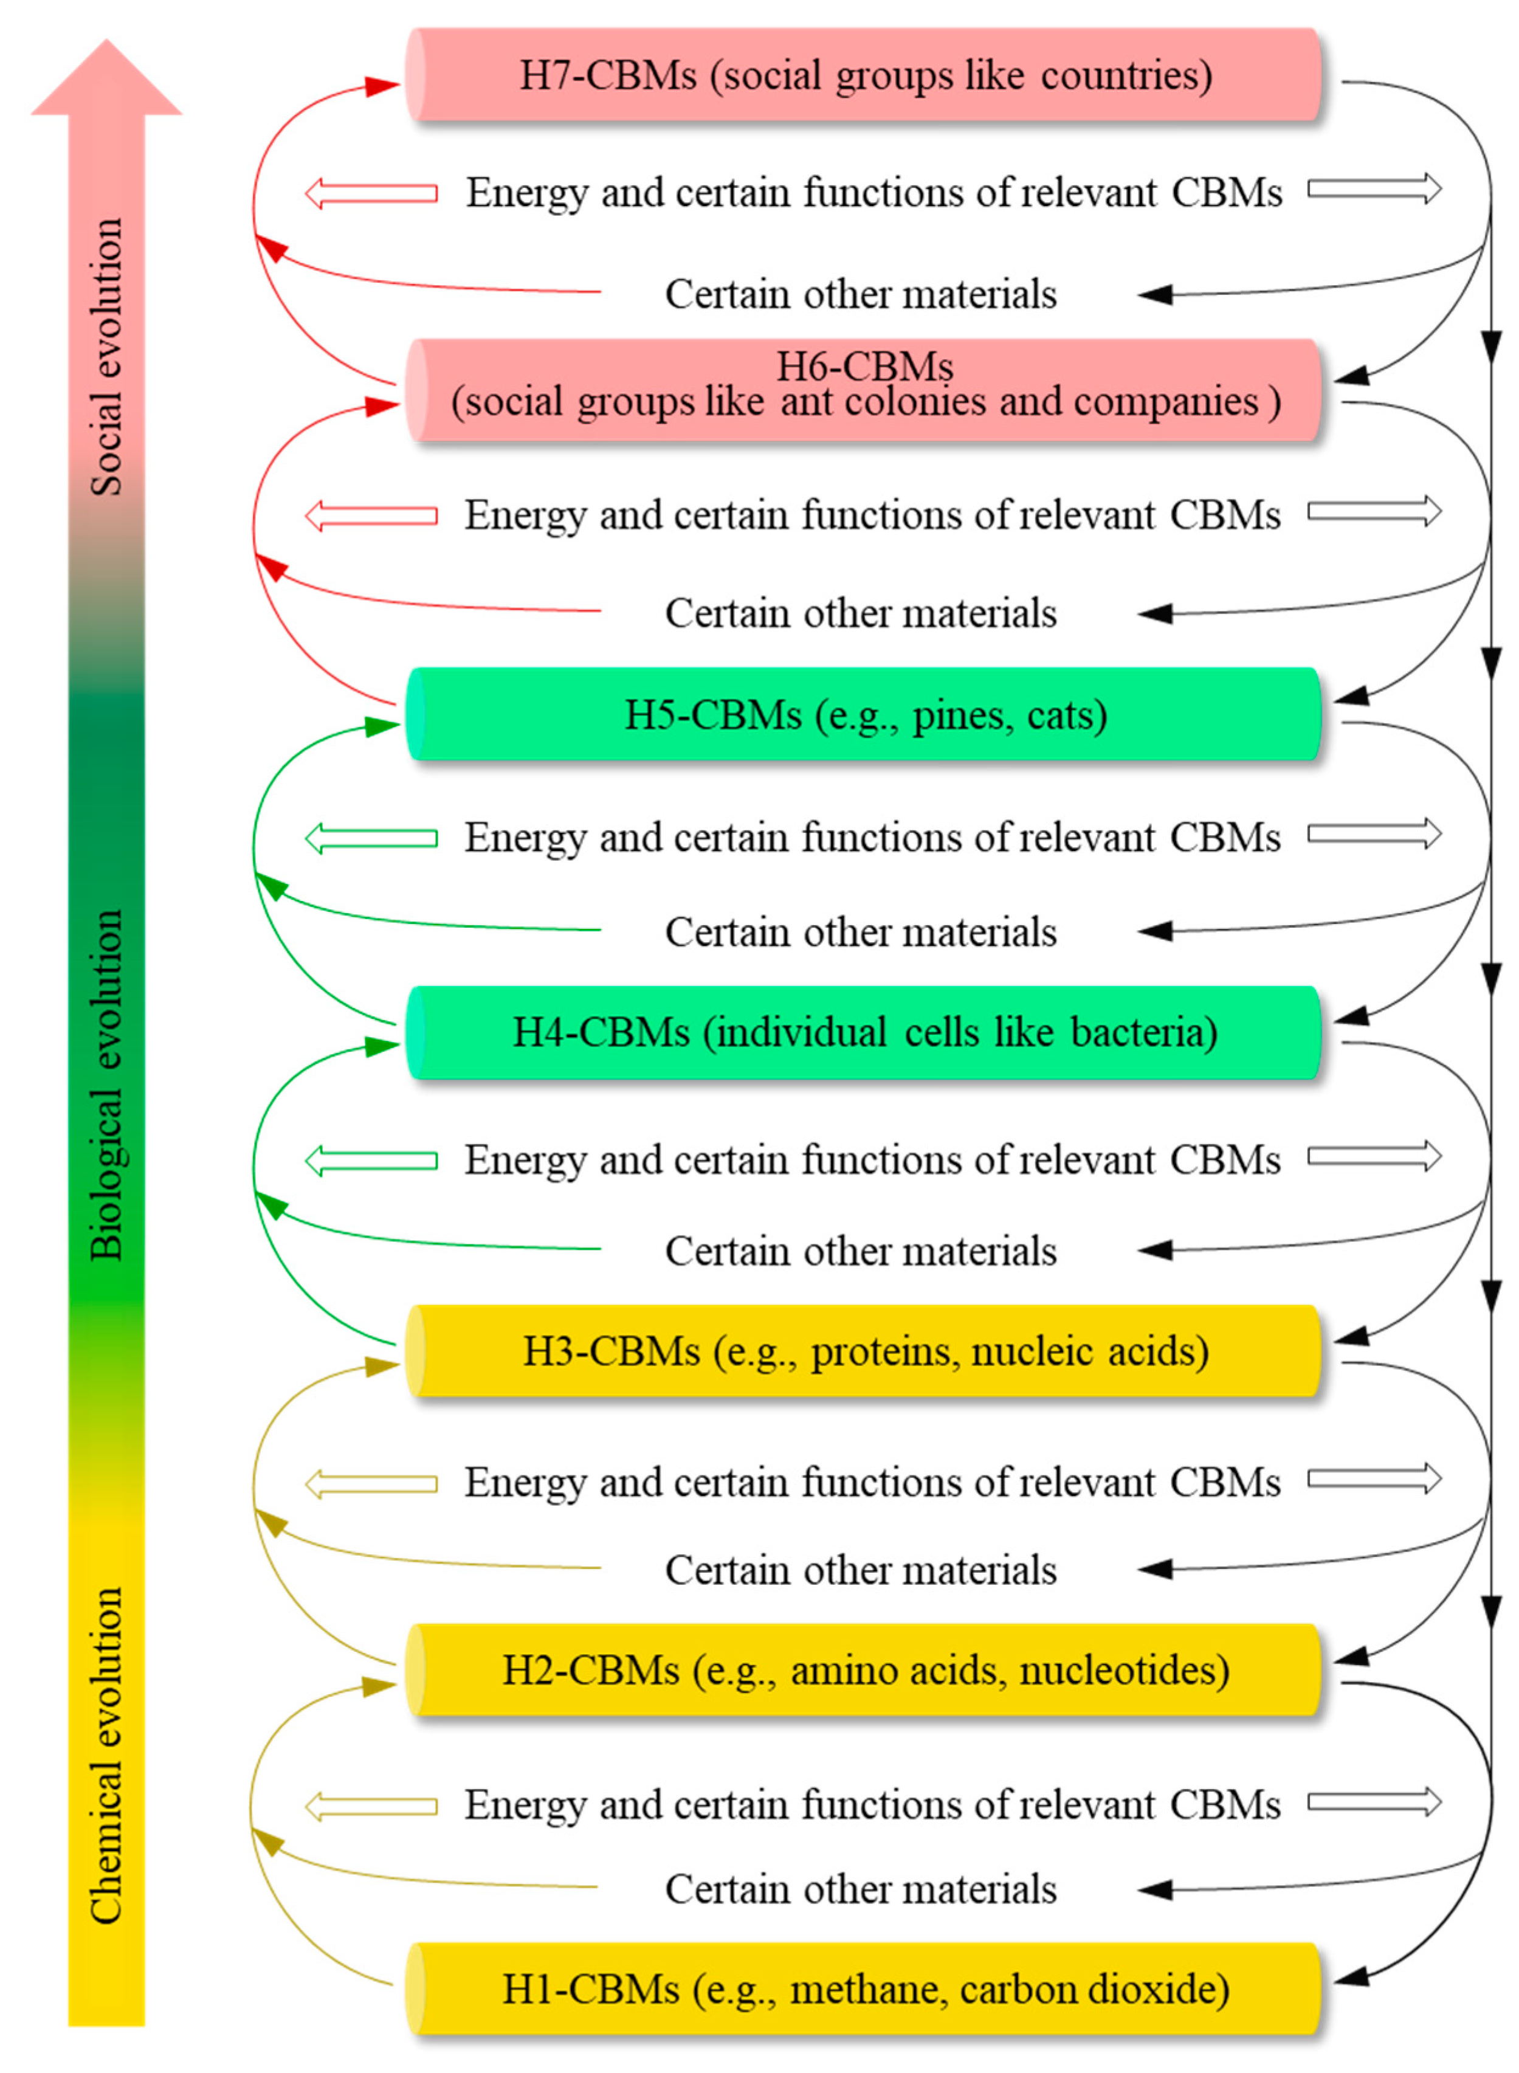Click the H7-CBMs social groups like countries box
pyautogui.click(x=864, y=75)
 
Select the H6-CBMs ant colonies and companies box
pyautogui.click(x=864, y=390)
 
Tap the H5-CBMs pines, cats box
pyautogui.click(x=864, y=714)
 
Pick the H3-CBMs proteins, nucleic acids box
pyautogui.click(x=864, y=1351)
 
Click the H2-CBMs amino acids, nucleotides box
pyautogui.click(x=864, y=1670)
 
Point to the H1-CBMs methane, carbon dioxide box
pyautogui.click(x=864, y=1989)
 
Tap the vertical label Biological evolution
pyautogui.click(x=106, y=1085)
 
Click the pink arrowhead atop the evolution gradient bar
pyautogui.click(x=106, y=79)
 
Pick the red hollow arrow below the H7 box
pyautogui.click(x=371, y=193)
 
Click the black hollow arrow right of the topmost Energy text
pyautogui.click(x=1375, y=190)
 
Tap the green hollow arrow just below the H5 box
pyautogui.click(x=371, y=838)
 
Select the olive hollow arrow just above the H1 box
pyautogui.click(x=371, y=1806)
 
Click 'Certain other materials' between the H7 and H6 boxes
pyautogui.click(x=861, y=294)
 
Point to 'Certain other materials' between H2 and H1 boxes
pyautogui.click(x=861, y=1889)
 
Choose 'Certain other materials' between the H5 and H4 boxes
pyautogui.click(x=861, y=932)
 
